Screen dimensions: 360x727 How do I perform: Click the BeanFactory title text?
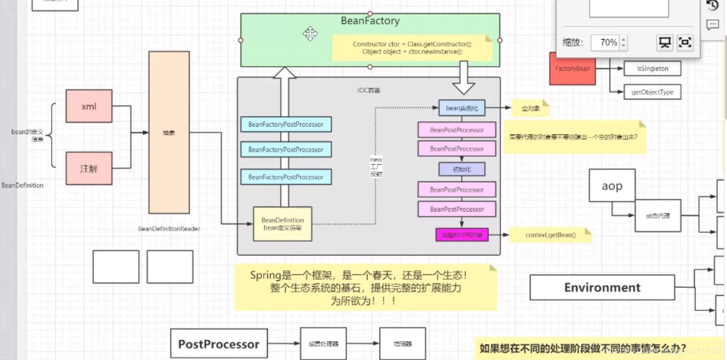coord(370,21)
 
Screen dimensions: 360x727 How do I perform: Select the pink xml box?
coord(89,106)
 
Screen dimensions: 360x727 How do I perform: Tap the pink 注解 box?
coord(89,168)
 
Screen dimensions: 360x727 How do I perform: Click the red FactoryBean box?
coord(573,68)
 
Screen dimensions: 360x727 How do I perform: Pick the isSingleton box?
coord(652,69)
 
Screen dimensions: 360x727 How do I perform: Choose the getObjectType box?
coord(652,92)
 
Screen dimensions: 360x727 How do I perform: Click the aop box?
coord(612,186)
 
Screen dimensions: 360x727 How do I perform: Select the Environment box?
coord(602,287)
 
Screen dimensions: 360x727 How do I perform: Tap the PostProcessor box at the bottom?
coord(219,344)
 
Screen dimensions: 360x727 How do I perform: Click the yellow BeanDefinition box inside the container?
coord(283,224)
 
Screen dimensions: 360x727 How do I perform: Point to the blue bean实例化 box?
coord(462,108)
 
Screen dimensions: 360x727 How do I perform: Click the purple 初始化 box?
coord(462,169)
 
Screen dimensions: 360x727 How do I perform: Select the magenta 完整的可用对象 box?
coord(462,235)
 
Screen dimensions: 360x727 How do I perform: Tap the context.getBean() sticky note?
coord(550,235)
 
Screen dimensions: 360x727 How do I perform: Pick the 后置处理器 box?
coord(323,344)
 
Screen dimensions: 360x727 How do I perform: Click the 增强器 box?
coord(403,344)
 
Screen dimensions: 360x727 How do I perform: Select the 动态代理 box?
coord(657,216)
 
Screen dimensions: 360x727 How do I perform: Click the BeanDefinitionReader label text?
coord(169,229)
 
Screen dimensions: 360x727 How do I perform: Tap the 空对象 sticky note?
coord(530,108)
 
